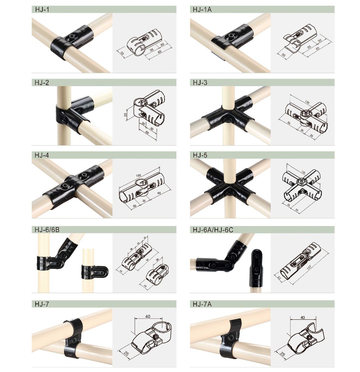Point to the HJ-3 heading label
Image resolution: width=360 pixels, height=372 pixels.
click(x=200, y=83)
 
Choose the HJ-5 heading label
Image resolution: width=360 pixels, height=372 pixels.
click(x=200, y=155)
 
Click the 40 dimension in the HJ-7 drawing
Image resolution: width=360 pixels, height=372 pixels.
click(x=148, y=316)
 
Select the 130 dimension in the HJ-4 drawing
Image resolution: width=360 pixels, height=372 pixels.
click(x=139, y=176)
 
